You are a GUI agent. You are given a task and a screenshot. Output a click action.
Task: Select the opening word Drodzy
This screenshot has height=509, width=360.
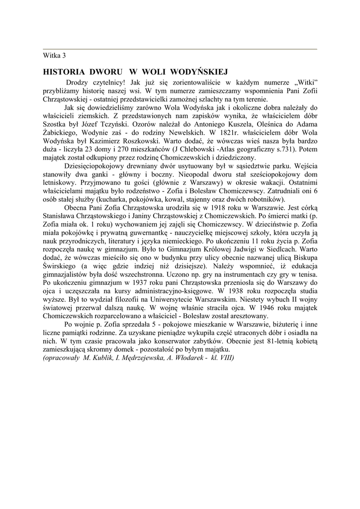coord(78,82)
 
